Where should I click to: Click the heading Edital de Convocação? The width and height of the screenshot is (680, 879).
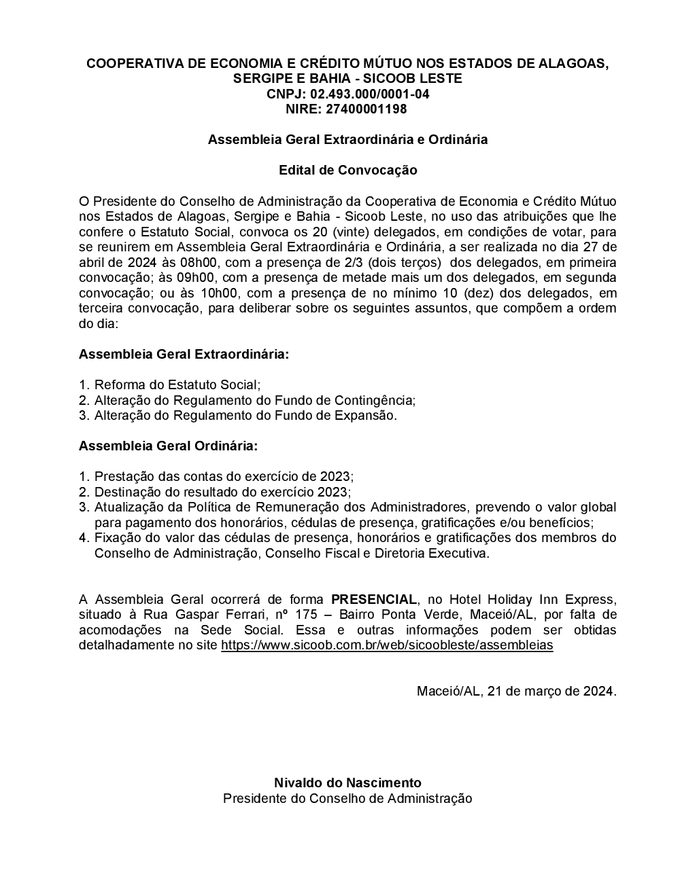(347, 170)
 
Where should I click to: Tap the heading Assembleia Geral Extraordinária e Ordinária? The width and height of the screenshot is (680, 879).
(347, 139)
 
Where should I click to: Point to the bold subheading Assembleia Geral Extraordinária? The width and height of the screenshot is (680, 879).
(184, 355)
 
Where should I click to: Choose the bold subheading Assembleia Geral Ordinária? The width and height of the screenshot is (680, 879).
(168, 446)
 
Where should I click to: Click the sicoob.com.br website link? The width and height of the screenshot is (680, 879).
(387, 645)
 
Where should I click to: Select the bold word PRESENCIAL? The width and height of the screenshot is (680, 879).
(373, 600)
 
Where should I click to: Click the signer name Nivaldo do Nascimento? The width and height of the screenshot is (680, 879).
(347, 783)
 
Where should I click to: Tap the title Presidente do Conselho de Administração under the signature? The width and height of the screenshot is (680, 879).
(347, 798)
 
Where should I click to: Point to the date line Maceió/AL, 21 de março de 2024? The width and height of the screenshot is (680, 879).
(516, 692)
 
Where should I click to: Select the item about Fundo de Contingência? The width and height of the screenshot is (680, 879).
(255, 400)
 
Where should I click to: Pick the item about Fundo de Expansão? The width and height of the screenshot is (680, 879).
(245, 416)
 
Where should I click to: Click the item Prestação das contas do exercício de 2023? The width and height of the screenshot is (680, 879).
(224, 477)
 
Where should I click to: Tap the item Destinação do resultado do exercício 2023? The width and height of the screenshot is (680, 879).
(222, 492)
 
